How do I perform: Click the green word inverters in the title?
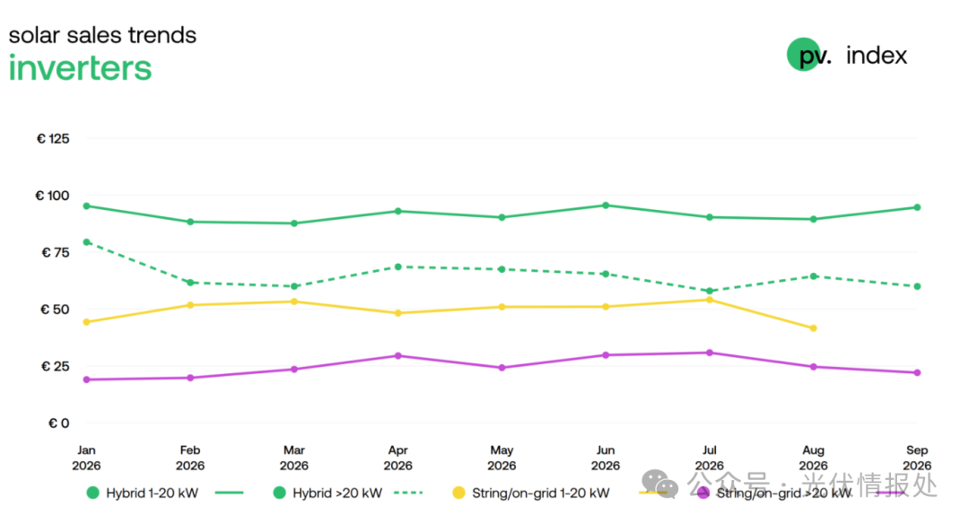(x=80, y=68)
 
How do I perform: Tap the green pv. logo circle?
(x=803, y=55)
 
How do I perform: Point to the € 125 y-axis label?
(x=53, y=138)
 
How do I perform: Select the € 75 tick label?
(x=55, y=252)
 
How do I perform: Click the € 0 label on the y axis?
(x=58, y=424)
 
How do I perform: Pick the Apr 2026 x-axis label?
(x=398, y=458)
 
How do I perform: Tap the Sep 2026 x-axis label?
(x=917, y=458)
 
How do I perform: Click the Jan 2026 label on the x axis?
(x=86, y=458)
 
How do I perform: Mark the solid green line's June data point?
(x=606, y=205)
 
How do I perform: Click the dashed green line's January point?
(x=86, y=242)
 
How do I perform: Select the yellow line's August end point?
(x=813, y=328)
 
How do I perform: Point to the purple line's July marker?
(x=710, y=353)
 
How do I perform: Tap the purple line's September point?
(x=917, y=372)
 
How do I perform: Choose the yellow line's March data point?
(x=294, y=301)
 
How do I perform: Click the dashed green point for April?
(x=398, y=267)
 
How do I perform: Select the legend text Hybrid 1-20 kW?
(x=152, y=493)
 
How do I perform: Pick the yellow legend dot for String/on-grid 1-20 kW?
(x=458, y=493)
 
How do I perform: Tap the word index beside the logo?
(x=877, y=56)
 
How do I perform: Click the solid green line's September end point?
(x=917, y=207)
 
